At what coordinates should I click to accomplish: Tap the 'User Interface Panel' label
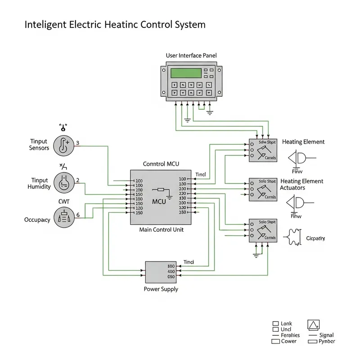[x=191, y=55]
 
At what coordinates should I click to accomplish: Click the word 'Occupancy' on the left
[x=37, y=220]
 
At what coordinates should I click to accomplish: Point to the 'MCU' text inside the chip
[x=159, y=201]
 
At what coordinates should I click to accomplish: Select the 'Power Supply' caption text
[x=161, y=289]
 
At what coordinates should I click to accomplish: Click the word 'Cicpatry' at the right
[x=315, y=238]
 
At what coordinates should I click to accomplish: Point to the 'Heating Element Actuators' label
[x=302, y=184]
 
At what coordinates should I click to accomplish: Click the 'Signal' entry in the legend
[x=326, y=335]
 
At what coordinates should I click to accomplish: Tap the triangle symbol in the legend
[x=313, y=324]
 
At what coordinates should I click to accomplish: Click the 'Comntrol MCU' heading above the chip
[x=161, y=164]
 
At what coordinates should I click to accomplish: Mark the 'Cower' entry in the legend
[x=288, y=341]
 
